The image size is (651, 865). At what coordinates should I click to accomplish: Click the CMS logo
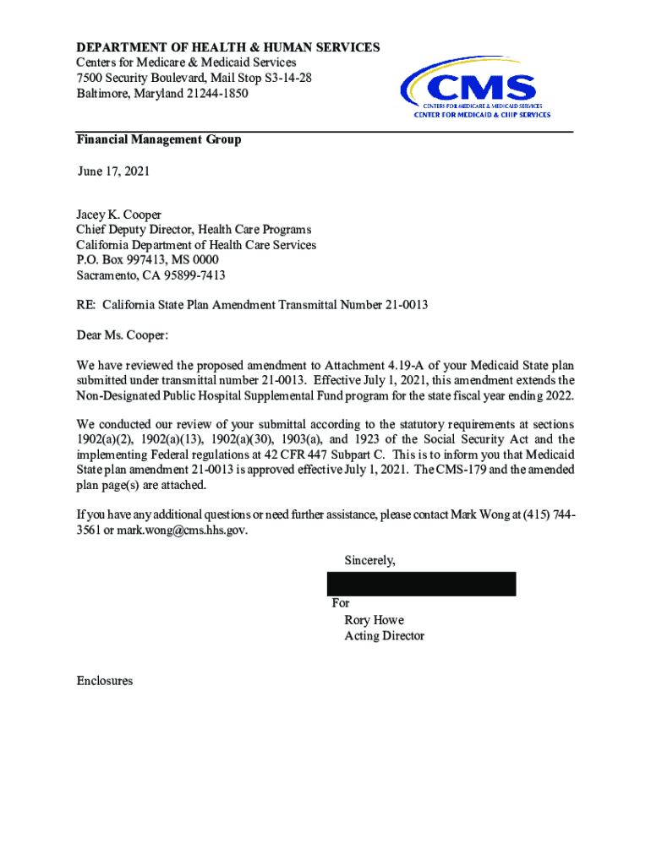coord(476,90)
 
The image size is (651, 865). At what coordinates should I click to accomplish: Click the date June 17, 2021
coord(113,171)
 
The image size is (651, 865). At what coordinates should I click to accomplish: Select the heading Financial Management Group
coord(158,139)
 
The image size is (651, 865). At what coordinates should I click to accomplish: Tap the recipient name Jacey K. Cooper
coord(118,215)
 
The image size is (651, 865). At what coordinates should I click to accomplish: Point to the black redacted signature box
coord(421,584)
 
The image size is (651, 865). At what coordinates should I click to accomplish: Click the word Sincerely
coord(369,560)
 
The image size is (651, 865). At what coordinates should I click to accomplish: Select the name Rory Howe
coord(374,620)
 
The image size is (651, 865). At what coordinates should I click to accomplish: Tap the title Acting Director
coord(384,635)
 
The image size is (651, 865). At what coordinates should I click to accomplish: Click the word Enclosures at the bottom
coord(104,680)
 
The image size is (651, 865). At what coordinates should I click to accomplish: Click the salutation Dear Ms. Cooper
coord(122,335)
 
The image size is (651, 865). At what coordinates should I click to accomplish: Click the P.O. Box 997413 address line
coord(147,260)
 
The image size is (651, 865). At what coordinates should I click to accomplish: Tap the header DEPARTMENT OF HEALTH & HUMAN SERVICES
coord(228,47)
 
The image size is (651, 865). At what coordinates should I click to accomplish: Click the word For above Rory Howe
coord(341,603)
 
